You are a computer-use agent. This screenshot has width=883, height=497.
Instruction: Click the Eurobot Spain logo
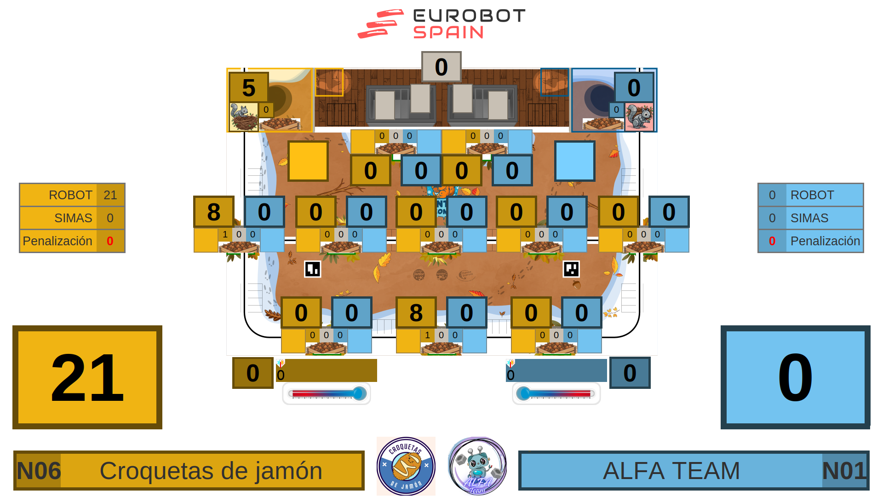441,24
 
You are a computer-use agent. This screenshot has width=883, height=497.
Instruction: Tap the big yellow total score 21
87,377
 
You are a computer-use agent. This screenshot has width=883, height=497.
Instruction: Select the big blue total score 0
795,377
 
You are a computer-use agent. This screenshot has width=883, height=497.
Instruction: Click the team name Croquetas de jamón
211,471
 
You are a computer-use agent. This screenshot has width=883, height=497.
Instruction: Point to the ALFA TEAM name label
671,471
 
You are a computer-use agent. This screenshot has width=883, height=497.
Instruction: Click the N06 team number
39,471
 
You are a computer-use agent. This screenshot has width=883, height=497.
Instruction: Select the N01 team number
844,471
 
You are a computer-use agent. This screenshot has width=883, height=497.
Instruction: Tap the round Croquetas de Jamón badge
406,466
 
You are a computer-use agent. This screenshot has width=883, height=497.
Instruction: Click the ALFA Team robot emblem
477,466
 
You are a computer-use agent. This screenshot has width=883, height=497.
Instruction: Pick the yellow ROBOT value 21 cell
110,195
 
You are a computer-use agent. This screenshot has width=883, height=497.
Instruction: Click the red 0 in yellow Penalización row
110,241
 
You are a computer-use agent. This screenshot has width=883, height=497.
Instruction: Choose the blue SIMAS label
809,218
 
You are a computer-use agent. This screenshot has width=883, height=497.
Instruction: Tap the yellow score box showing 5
249,87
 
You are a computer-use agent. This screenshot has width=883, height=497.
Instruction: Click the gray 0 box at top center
441,67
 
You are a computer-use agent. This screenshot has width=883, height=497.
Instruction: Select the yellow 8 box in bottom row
416,312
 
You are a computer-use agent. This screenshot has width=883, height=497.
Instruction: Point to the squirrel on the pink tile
639,117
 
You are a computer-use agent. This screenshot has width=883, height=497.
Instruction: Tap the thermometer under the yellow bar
327,394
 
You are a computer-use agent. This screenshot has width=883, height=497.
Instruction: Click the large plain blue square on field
575,161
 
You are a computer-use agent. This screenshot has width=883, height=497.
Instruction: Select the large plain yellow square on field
308,161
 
